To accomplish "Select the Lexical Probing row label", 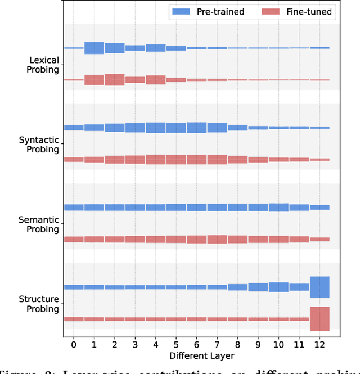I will pyautogui.click(x=44, y=65).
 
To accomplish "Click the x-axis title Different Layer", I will pyautogui.click(x=196, y=356).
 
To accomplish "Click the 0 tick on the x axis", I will pyautogui.click(x=74, y=344).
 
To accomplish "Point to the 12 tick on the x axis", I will pyautogui.click(x=319, y=344).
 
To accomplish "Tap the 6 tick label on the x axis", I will pyautogui.click(x=196, y=344).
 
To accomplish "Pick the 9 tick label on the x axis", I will pyautogui.click(x=258, y=344).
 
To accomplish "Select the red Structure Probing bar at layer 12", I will pyautogui.click(x=319, y=319).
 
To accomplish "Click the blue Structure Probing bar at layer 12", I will pyautogui.click(x=319, y=287).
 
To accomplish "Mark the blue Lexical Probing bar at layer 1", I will pyautogui.click(x=94, y=48).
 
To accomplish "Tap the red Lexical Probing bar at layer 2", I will pyautogui.click(x=115, y=80).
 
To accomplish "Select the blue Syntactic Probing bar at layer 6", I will pyautogui.click(x=196, y=128).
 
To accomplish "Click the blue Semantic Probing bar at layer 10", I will pyautogui.click(x=278, y=208).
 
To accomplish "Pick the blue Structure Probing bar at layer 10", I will pyautogui.click(x=278, y=287).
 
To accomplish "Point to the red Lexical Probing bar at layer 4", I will pyautogui.click(x=156, y=80).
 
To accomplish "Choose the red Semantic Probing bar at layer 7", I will pyautogui.click(x=217, y=239).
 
